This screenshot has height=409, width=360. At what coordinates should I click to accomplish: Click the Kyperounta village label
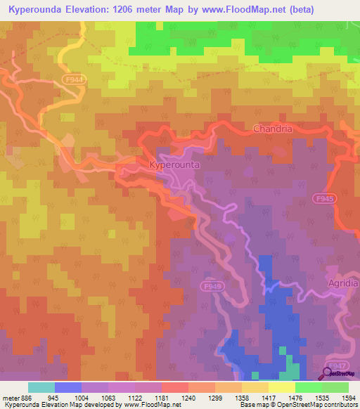175,164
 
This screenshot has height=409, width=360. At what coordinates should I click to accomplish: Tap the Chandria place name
271,129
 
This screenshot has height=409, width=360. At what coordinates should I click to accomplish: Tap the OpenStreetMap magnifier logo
329,374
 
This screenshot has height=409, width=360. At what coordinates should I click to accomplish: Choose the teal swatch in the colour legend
41,387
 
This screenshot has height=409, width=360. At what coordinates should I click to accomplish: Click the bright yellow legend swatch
281,387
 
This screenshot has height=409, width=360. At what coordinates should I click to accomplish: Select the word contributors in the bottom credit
339,405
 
